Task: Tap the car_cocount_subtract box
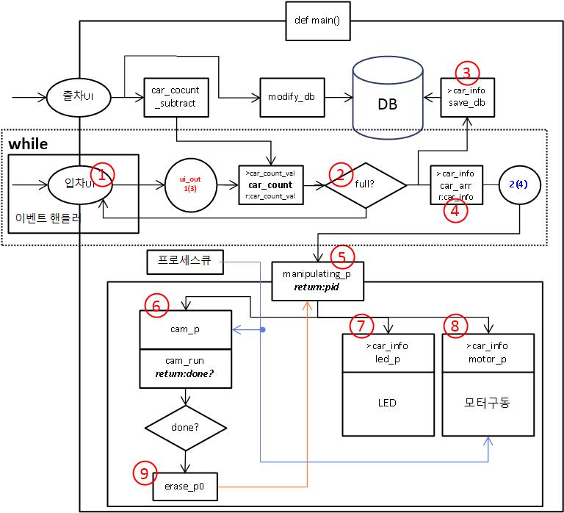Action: (x=175, y=97)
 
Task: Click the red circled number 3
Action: (x=467, y=72)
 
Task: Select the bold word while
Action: (x=29, y=143)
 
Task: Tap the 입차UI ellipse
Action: (x=73, y=184)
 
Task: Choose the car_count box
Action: (x=270, y=184)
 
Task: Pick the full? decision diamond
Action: (x=366, y=184)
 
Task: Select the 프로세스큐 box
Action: (x=184, y=260)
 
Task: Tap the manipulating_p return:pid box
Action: (x=317, y=280)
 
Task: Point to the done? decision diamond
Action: (x=185, y=427)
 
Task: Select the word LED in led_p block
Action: (x=387, y=403)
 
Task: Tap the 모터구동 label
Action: (x=488, y=403)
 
